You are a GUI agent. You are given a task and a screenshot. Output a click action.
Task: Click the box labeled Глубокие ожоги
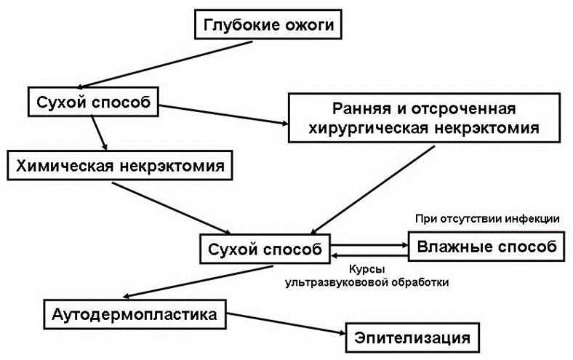pos(268,25)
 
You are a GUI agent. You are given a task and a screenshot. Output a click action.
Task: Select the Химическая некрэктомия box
pos(120,165)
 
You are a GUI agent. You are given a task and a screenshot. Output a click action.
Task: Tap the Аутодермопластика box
pos(135,314)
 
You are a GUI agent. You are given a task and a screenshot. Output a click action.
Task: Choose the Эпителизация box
pos(412,337)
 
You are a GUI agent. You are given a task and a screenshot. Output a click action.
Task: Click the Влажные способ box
pos(486,247)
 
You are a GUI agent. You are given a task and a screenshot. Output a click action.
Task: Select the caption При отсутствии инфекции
pos(487,219)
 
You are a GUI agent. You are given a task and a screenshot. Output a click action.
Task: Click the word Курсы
pos(367,269)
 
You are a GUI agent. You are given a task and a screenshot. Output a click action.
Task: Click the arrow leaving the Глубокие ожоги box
pos(164,64)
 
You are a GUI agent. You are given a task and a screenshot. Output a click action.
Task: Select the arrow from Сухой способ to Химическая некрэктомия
pos(99,133)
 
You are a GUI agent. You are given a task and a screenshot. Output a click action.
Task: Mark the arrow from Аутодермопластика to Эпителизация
pos(286,324)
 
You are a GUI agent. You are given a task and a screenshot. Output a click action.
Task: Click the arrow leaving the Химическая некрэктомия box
pos(172,208)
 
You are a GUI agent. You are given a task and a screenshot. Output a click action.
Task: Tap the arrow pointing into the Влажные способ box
pos(369,245)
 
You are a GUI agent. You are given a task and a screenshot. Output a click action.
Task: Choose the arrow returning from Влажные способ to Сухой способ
pos(369,255)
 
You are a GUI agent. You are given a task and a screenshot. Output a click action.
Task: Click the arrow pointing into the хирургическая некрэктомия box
pos(224,115)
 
